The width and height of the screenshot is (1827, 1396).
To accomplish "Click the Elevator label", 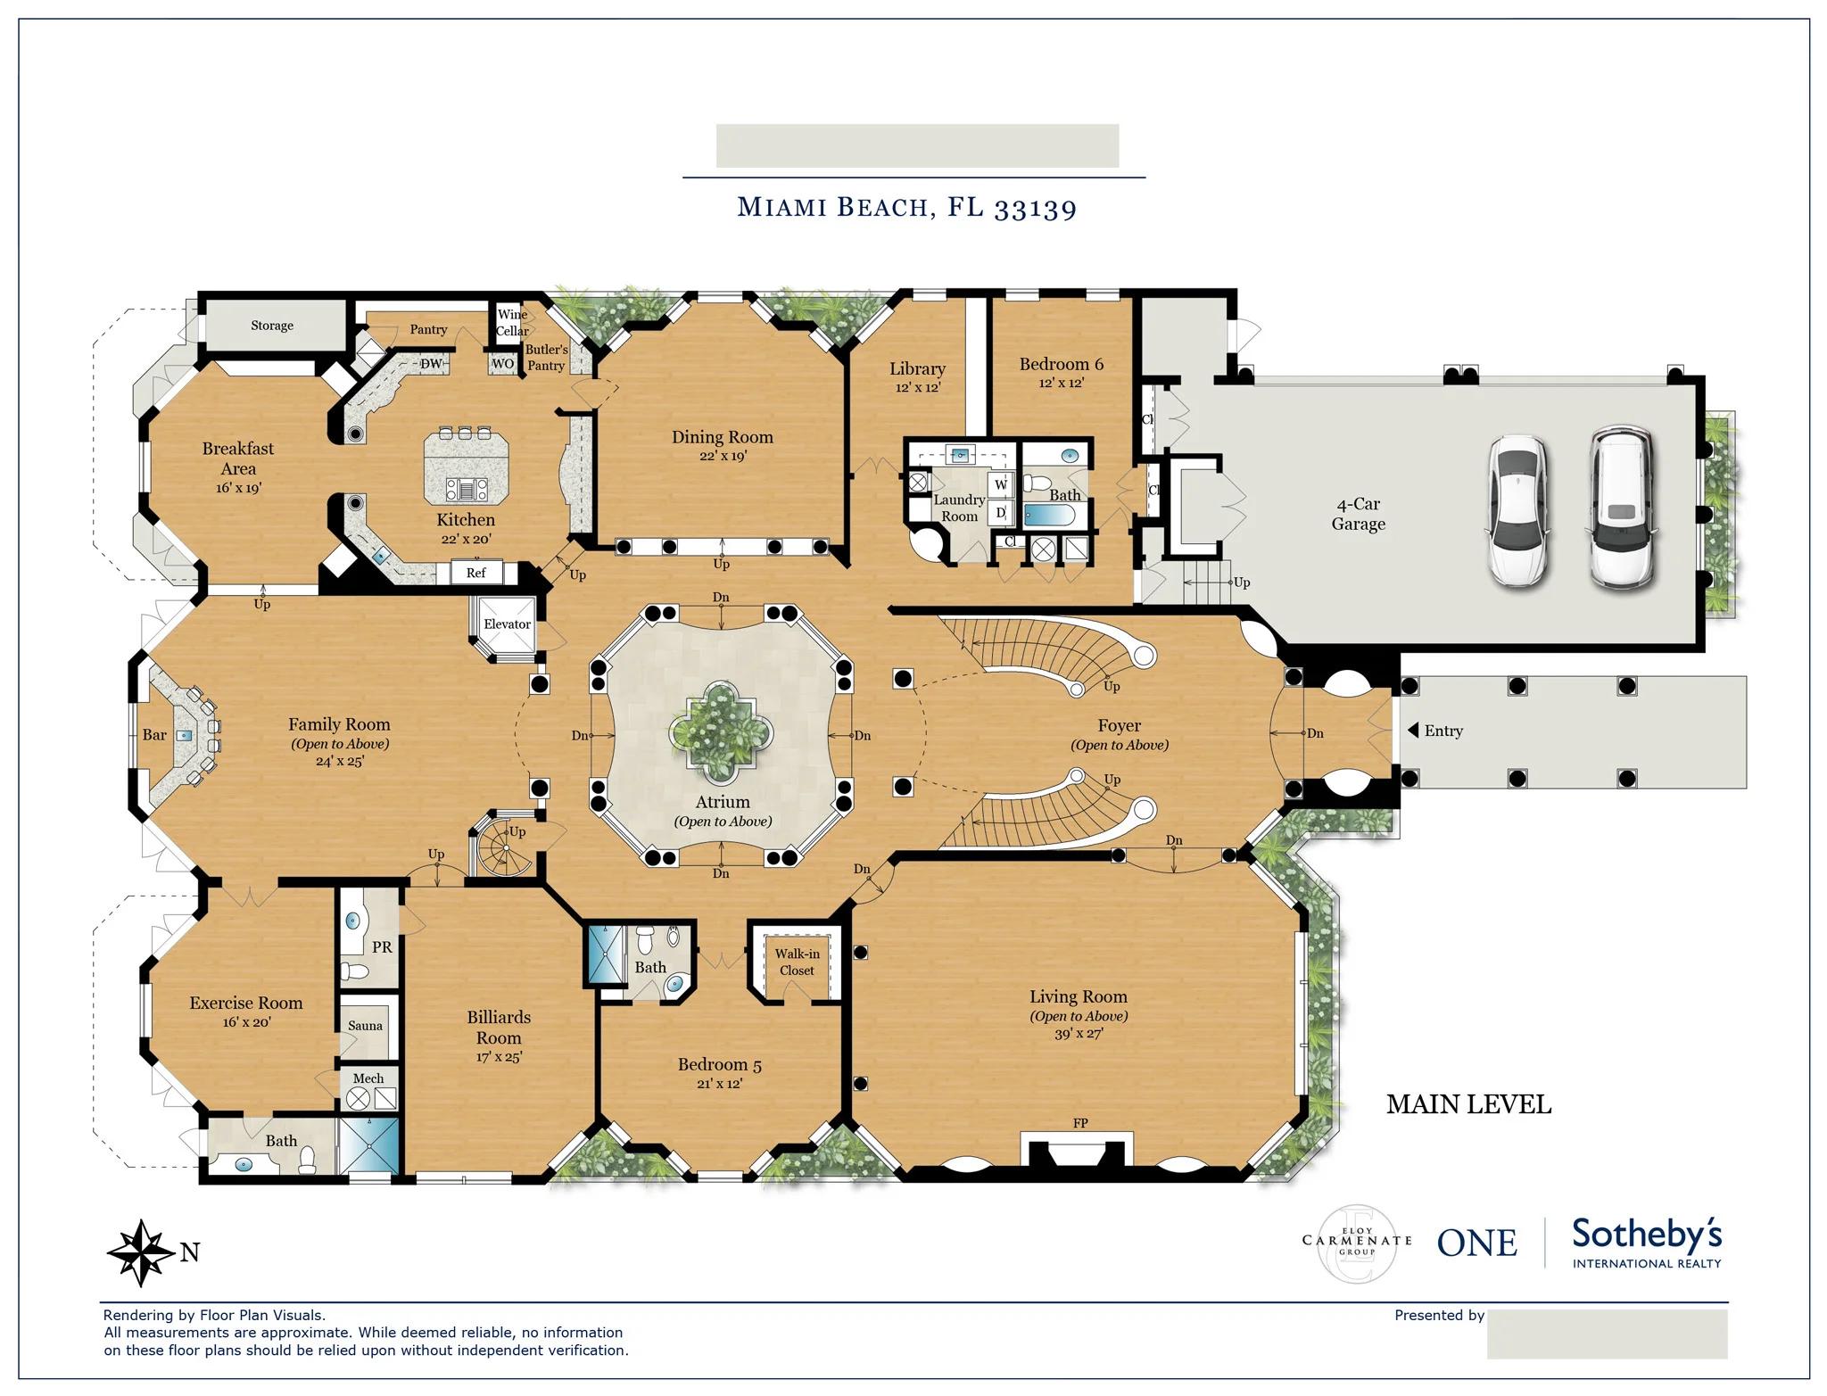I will click(x=507, y=624).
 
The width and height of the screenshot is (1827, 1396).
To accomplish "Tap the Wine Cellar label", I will click(x=512, y=323).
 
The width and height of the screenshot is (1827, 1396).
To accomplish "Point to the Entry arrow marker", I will click(x=1413, y=731).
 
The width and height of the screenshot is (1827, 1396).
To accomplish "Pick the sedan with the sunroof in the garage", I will click(x=1517, y=511).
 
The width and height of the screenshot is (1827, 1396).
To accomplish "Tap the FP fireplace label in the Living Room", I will click(x=1080, y=1123).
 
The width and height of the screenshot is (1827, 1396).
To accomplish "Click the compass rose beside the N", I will click(x=140, y=1252).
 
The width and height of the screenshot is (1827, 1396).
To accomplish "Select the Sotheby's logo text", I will click(x=1646, y=1235).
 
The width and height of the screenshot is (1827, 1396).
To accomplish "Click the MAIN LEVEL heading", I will click(x=1468, y=1104).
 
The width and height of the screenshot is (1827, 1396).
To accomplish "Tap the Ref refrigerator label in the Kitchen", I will click(x=476, y=573).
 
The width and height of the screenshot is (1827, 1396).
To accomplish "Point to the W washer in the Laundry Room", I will click(x=1001, y=484).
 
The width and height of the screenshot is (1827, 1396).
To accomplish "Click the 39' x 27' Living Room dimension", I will click(x=1079, y=1034).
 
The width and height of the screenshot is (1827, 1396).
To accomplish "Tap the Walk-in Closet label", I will click(x=797, y=962).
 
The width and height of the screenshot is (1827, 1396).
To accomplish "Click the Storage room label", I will click(x=272, y=326).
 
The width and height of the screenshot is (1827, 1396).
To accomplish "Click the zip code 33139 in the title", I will click(x=1035, y=209).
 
